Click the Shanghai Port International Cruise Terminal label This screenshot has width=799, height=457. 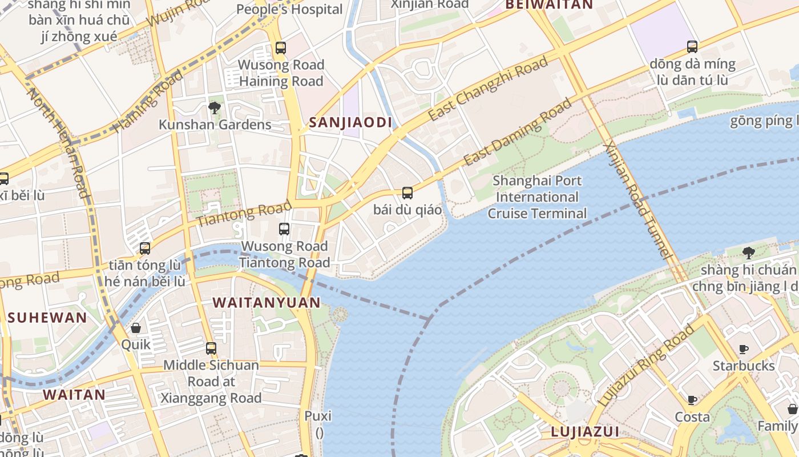click(x=536, y=197)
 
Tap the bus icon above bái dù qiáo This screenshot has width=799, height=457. click(x=407, y=193)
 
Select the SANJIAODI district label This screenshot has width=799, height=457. click(x=350, y=122)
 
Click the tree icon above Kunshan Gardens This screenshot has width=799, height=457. click(x=215, y=107)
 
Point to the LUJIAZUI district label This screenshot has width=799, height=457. click(x=585, y=432)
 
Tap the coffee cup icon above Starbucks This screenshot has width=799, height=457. click(x=743, y=349)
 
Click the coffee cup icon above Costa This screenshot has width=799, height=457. click(x=692, y=400)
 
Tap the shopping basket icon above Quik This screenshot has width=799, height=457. click(x=136, y=328)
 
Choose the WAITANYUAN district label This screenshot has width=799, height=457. click(x=267, y=303)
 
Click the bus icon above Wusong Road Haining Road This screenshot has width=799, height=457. click(x=280, y=48)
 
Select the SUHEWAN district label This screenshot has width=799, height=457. click(x=47, y=318)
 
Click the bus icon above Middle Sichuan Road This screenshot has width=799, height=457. click(x=211, y=348)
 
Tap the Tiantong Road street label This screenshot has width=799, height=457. click(x=244, y=213)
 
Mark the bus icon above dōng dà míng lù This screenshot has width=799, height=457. click(x=692, y=47)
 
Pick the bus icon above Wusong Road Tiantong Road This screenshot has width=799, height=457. click(x=284, y=229)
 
